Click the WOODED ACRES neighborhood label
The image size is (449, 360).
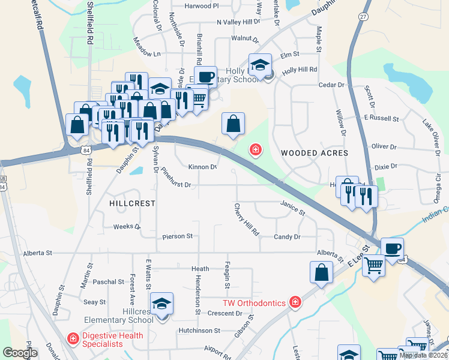tap(315, 153)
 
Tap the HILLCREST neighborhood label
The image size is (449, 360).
tap(128, 203)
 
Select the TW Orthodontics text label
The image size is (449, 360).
tap(254, 303)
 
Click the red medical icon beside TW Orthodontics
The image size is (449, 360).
tap(295, 302)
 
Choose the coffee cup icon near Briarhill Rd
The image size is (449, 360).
tap(205, 77)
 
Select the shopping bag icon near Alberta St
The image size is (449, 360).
tap(322, 272)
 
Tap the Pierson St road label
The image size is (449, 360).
tap(177, 236)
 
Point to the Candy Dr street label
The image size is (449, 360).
tap(287, 237)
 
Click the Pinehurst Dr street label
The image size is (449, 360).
tap(175, 185)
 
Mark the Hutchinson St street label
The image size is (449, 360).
tap(199, 331)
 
